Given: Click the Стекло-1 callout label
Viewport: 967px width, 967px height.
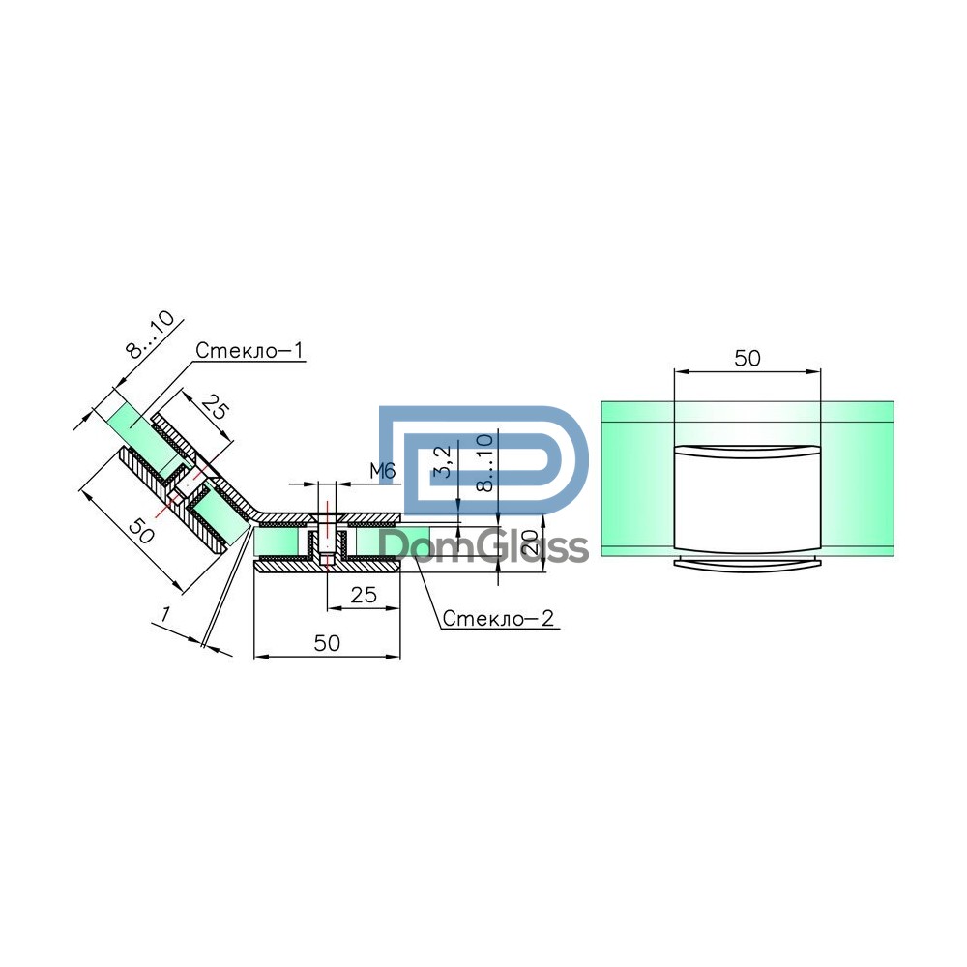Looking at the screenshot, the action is click(249, 350).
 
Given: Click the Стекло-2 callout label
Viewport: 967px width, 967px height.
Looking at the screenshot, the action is click(498, 618).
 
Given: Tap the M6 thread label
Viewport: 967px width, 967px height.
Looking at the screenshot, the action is click(382, 471).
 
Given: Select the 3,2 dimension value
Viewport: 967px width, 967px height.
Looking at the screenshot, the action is click(444, 461).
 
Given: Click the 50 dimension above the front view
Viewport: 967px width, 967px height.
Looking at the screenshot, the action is click(747, 359).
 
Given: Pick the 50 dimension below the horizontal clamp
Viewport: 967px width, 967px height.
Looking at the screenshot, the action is click(327, 643).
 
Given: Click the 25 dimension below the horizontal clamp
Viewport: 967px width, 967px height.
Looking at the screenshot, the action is click(364, 595).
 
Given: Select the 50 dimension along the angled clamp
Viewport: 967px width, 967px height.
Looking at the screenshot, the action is click(141, 531).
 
